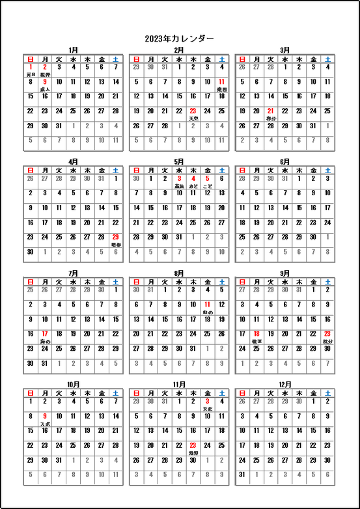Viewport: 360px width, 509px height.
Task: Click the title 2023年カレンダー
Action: click(x=180, y=38)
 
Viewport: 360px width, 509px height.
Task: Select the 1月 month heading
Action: click(x=73, y=50)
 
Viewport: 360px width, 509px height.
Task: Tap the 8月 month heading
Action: click(x=179, y=273)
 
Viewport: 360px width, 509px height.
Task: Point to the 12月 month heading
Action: click(x=285, y=384)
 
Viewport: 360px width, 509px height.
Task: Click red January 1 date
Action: click(x=30, y=67)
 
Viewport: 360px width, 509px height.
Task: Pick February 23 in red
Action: click(x=193, y=111)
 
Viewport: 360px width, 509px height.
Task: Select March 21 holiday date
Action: click(x=270, y=111)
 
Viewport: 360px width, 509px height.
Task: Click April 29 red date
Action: click(x=115, y=237)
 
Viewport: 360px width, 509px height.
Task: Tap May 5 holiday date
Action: click(x=207, y=178)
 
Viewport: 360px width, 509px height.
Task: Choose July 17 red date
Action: click(x=44, y=333)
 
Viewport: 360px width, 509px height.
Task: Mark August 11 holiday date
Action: click(x=207, y=305)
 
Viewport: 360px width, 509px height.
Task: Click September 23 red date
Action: click(x=327, y=333)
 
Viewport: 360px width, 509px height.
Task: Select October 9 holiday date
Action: click(x=44, y=417)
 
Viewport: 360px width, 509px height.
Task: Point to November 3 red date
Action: click(x=207, y=402)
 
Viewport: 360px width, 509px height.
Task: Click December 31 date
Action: click(x=242, y=475)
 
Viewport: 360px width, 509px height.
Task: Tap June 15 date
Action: click(x=299, y=208)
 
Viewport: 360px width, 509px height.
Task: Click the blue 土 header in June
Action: click(x=327, y=170)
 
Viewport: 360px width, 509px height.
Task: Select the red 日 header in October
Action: click(x=30, y=392)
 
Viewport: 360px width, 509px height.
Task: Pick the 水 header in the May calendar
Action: click(x=178, y=170)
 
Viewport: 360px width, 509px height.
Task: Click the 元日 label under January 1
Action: click(x=30, y=75)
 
